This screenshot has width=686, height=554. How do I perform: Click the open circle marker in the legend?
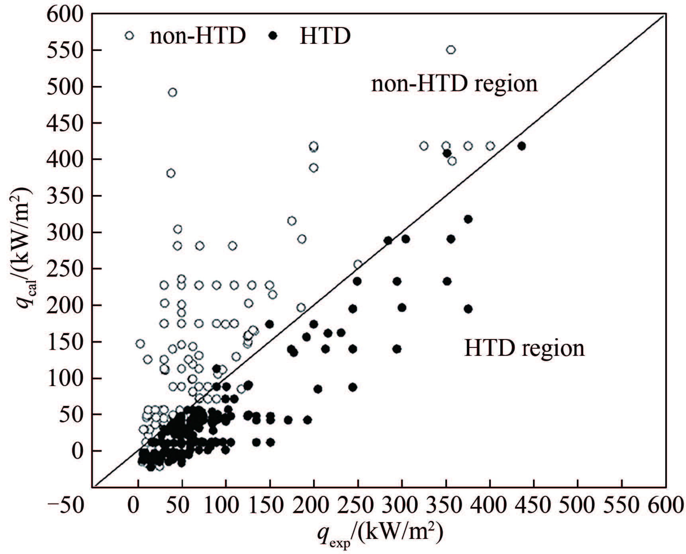click(129, 36)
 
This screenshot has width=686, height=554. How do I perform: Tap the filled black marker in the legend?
click(273, 36)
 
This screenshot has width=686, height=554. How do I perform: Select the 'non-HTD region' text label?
click(454, 84)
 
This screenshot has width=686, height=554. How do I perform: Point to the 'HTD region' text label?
click(524, 348)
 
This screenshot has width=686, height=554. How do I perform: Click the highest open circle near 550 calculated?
click(451, 50)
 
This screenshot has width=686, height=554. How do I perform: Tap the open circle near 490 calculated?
click(172, 92)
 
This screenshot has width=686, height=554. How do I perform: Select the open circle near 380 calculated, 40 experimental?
click(171, 173)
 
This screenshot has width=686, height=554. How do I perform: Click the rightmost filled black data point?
click(521, 146)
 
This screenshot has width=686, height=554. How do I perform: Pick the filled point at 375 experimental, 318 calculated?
click(468, 219)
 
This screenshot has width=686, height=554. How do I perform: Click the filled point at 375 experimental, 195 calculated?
click(468, 309)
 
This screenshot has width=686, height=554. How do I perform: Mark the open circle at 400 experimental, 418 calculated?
click(490, 146)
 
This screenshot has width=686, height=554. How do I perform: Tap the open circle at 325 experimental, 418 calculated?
click(424, 146)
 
